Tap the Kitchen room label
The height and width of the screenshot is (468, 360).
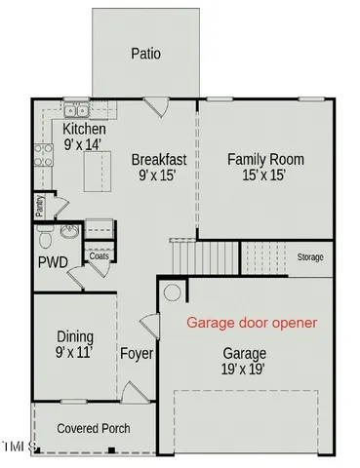[84, 130]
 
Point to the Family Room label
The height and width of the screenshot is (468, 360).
[265, 159]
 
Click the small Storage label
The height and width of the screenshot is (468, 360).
[310, 256]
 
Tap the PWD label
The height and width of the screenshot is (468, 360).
[52, 262]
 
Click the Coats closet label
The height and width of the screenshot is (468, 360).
[100, 255]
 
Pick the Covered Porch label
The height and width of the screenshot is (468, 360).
[94, 428]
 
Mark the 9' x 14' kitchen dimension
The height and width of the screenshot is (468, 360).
[84, 145]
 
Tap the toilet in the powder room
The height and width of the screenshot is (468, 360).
[45, 238]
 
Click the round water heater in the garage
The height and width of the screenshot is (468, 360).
[172, 292]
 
